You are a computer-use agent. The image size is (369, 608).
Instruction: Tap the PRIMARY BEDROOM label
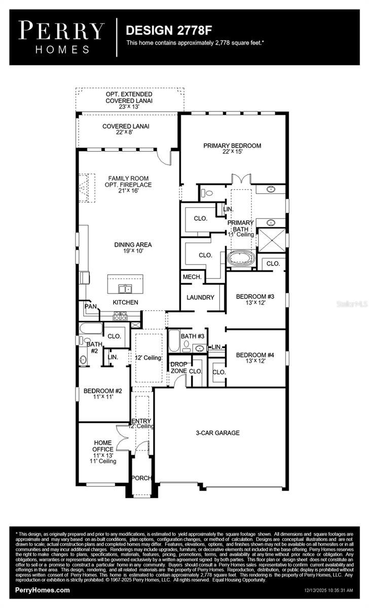tap(232, 148)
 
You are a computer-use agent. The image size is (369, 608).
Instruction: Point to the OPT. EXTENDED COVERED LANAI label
tap(129, 101)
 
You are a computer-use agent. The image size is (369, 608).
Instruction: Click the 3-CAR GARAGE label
tap(218, 433)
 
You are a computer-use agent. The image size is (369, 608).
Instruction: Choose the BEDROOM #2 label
tap(103, 394)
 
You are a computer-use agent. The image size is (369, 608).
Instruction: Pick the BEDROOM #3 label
tap(255, 299)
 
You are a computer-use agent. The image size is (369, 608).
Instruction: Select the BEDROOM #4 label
tap(255, 358)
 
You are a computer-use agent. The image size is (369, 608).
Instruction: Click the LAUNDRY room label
tap(200, 297)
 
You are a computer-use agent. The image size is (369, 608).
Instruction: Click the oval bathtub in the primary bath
tap(242, 258)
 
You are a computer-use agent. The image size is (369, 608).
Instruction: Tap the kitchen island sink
tap(125, 289)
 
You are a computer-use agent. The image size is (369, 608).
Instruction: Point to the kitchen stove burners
tap(121, 316)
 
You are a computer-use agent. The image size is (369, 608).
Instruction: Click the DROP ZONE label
tap(178, 367)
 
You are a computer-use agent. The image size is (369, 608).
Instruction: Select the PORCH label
tap(140, 478)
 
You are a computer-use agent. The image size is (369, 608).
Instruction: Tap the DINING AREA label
tap(133, 248)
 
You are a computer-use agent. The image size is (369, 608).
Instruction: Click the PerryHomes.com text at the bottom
tap(43, 590)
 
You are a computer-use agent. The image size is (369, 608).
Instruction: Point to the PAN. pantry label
tap(91, 306)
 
